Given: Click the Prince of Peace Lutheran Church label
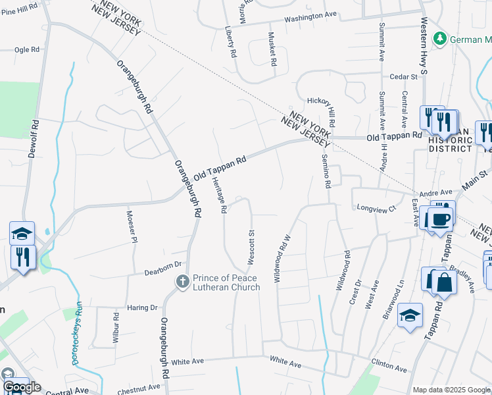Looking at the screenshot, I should pyautogui.click(x=226, y=282).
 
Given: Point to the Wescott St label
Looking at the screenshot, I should pyautogui.click(x=251, y=248).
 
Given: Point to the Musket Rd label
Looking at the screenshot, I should pyautogui.click(x=272, y=49).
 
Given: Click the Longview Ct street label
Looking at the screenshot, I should pyautogui.click(x=376, y=209).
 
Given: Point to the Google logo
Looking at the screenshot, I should pyautogui.click(x=22, y=387).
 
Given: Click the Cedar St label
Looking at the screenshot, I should pyautogui.click(x=404, y=77).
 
